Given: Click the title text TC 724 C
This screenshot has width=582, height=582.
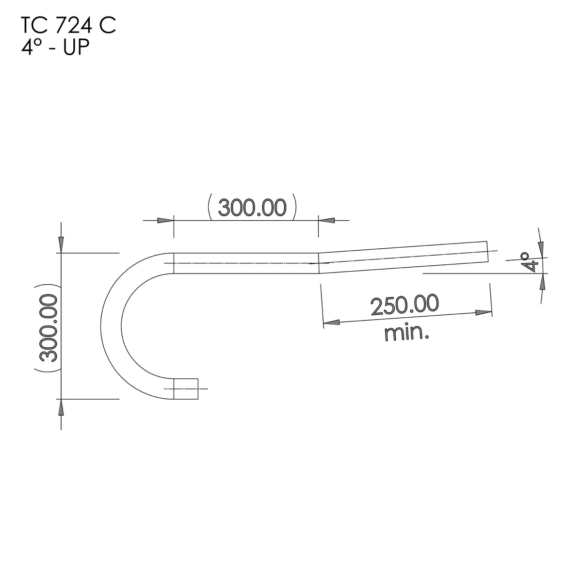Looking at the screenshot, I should pyautogui.click(x=68, y=26).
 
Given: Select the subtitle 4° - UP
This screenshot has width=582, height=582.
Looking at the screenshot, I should pyautogui.click(x=55, y=48).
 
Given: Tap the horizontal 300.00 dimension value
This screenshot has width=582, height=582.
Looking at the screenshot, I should pyautogui.click(x=252, y=208).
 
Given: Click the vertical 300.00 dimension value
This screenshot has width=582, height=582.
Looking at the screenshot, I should pyautogui.click(x=49, y=328).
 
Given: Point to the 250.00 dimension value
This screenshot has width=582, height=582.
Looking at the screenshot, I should pyautogui.click(x=404, y=305).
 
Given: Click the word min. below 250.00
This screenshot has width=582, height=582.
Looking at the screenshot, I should pyautogui.click(x=406, y=333).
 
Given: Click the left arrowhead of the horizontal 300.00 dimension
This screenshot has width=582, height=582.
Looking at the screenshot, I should pyautogui.click(x=165, y=220).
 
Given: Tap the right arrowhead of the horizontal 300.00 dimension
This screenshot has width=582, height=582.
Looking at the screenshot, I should pyautogui.click(x=326, y=220).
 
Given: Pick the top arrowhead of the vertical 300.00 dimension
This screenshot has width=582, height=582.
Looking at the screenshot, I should pyautogui.click(x=61, y=244).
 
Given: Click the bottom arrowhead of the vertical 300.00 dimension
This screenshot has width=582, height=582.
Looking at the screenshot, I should pyautogui.click(x=61, y=408).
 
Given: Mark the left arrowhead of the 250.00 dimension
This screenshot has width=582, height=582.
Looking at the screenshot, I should pyautogui.click(x=331, y=322).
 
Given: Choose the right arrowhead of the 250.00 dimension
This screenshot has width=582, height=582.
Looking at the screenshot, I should pyautogui.click(x=483, y=313).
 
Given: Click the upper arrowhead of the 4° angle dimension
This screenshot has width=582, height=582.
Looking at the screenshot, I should pyautogui.click(x=541, y=248).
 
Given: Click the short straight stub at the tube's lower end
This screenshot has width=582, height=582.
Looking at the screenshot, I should pyautogui.click(x=186, y=388).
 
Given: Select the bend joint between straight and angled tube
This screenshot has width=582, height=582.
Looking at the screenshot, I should pyautogui.click(x=318, y=262).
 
